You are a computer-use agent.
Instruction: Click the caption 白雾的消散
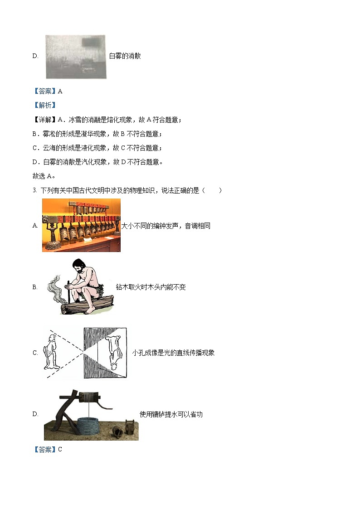pyautogui.click(x=125, y=56)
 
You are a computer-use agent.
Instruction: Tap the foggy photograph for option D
pyautogui.click(x=75, y=57)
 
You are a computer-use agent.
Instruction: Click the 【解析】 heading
pyautogui.click(x=44, y=105)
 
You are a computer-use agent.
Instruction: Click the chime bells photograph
pyautogui.click(x=81, y=225)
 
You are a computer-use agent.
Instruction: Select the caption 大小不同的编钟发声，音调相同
pyautogui.click(x=166, y=226)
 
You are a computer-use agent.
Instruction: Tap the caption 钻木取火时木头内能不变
pyautogui.click(x=151, y=287)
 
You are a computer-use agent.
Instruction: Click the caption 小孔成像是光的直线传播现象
pyautogui.click(x=173, y=353)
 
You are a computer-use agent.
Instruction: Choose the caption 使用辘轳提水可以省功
pyautogui.click(x=171, y=414)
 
